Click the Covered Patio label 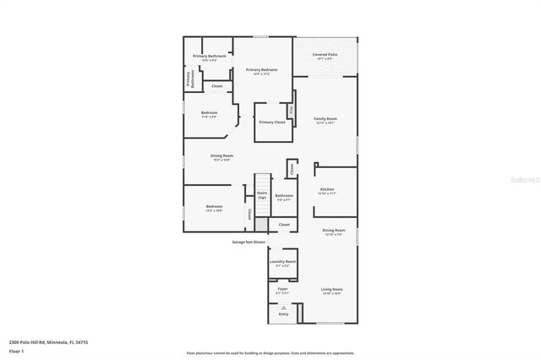click(x=326, y=55)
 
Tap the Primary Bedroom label click(x=261, y=69)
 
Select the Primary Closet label click(x=272, y=122)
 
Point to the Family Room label click(x=325, y=119)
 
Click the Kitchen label click(x=326, y=189)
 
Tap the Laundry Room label click(x=282, y=262)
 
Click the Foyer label click(x=282, y=290)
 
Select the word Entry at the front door click(x=283, y=314)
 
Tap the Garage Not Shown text click(x=249, y=242)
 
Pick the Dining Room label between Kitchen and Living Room click(x=334, y=231)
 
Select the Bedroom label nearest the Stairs click(x=214, y=207)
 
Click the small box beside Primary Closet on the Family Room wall click(x=292, y=110)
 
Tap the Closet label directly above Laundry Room click(x=284, y=225)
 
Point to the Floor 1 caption click(x=17, y=351)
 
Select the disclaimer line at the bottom click(x=270, y=353)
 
